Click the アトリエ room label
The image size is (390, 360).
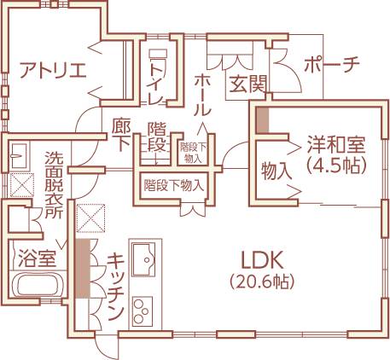click(x=53, y=70)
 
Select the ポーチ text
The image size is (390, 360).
click(x=332, y=64)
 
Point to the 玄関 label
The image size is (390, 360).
click(x=248, y=84)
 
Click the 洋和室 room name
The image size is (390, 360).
click(x=335, y=145)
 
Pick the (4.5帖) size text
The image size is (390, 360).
click(x=335, y=165)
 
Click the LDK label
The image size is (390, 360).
click(x=262, y=260)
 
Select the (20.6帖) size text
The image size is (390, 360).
click(x=262, y=282)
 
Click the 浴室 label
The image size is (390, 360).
click(x=37, y=258)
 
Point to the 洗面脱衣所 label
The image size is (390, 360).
click(x=54, y=185)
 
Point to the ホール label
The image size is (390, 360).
click(x=202, y=95)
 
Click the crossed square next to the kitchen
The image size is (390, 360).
click(x=91, y=218)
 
